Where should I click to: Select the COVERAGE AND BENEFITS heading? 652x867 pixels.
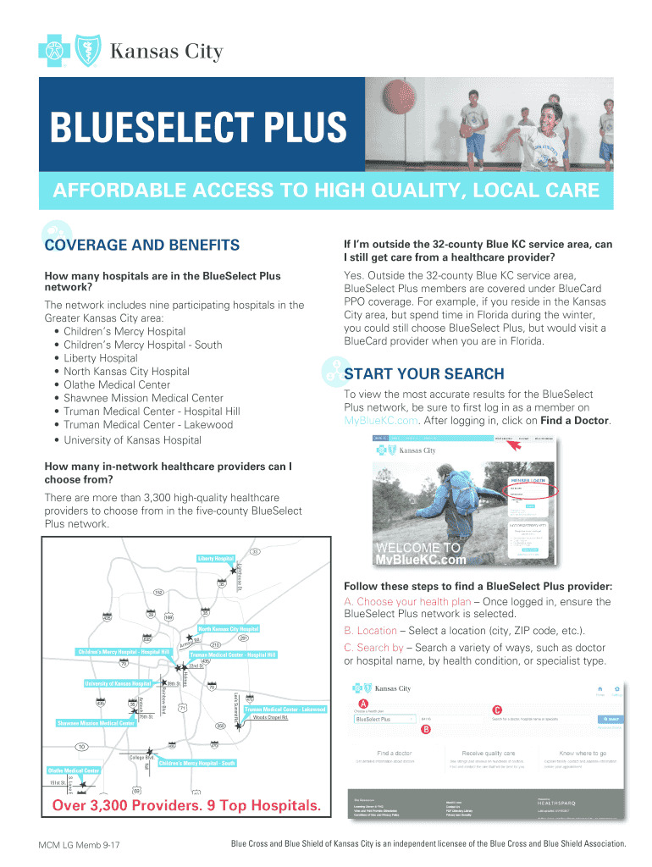pyautogui.click(x=141, y=246)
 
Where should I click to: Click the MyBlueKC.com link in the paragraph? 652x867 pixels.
pyautogui.click(x=381, y=421)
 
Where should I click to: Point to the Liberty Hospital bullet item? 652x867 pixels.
pyautogui.click(x=100, y=358)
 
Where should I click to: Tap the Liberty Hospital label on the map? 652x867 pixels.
pyautogui.click(x=215, y=559)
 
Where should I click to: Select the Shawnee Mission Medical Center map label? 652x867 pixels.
pyautogui.click(x=96, y=724)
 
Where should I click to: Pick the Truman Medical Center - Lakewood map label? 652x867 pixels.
pyautogui.click(x=285, y=709)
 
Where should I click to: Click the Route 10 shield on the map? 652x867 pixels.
pyautogui.click(x=81, y=747)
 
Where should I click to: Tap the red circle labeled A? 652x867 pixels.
pyautogui.click(x=362, y=705)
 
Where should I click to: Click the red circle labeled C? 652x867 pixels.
pyautogui.click(x=497, y=710)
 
